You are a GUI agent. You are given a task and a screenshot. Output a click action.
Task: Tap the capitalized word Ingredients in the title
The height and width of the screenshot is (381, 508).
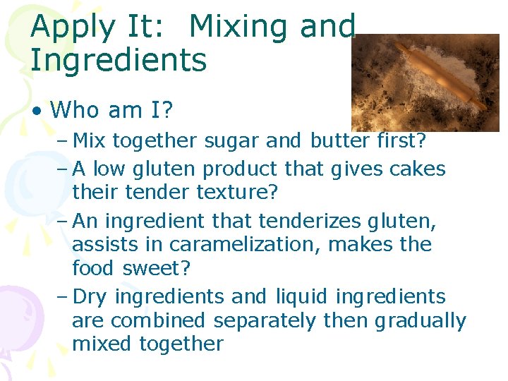coord(119,60)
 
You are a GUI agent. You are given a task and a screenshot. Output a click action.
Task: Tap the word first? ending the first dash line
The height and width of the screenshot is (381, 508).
coord(400,140)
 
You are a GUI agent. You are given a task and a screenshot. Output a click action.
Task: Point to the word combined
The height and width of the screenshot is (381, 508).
coord(150,320)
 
